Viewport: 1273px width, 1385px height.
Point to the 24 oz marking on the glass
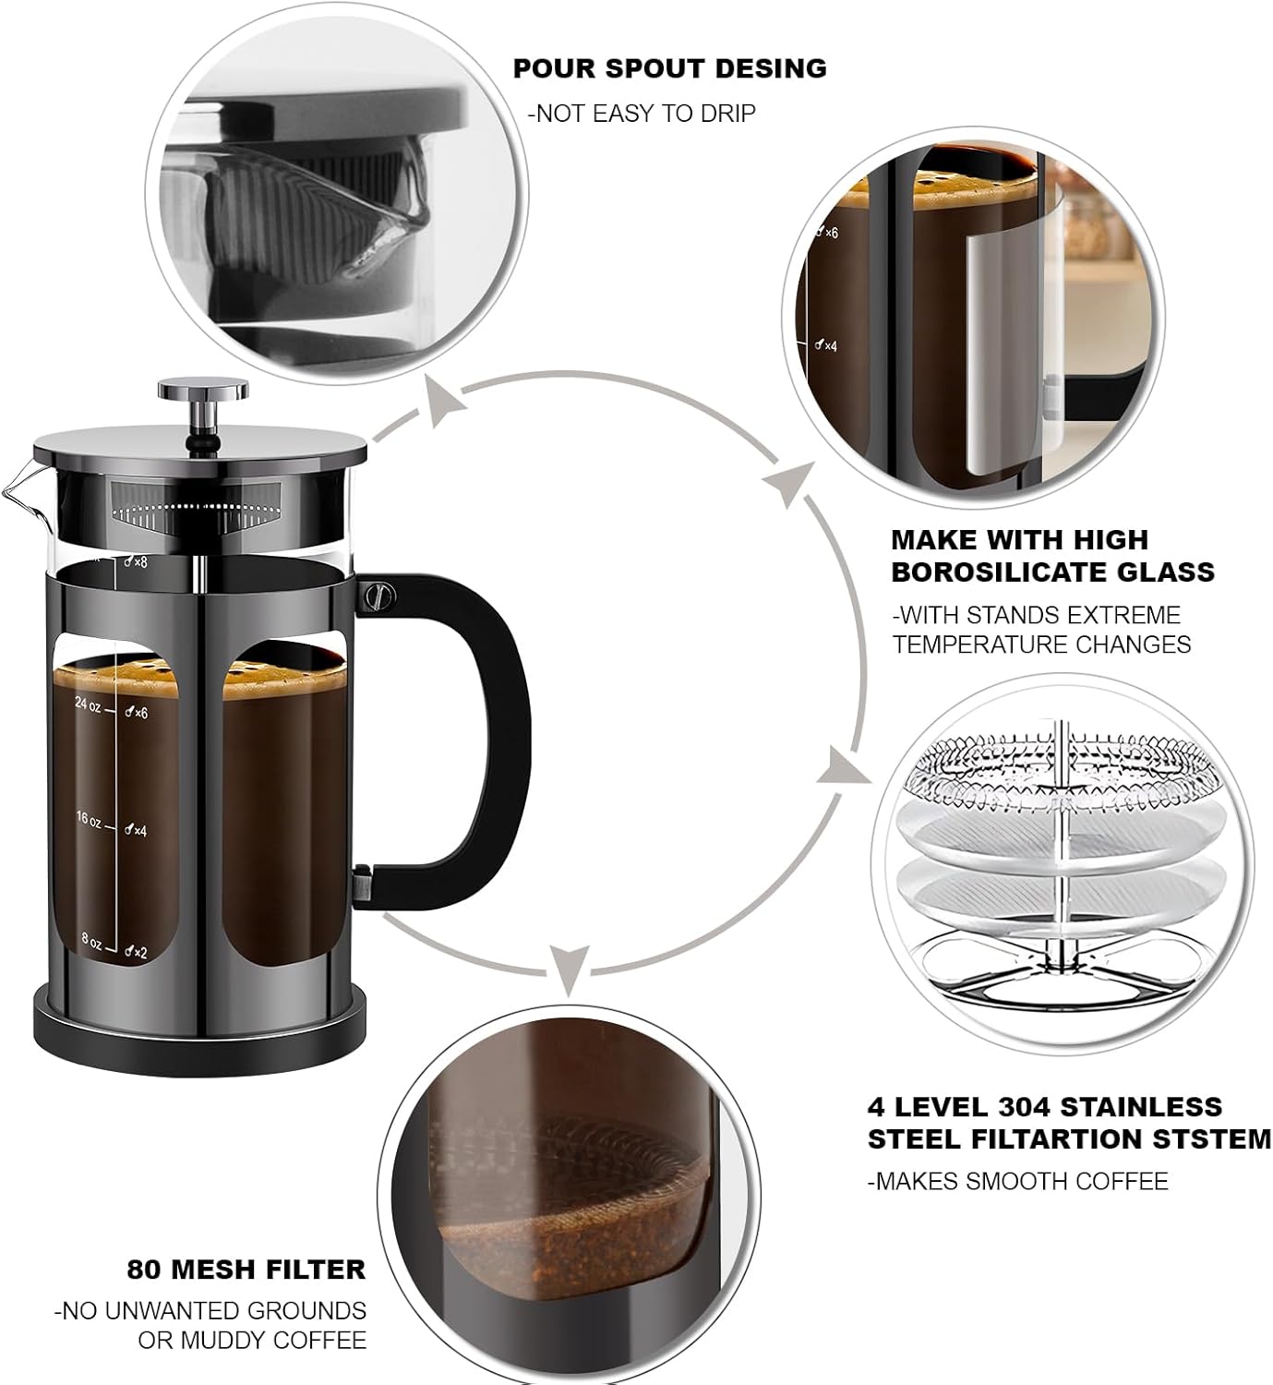click(88, 704)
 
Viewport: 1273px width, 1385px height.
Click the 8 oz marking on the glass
click(91, 941)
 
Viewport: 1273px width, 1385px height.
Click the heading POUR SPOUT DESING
click(669, 68)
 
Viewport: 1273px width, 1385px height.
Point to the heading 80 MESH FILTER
click(246, 1270)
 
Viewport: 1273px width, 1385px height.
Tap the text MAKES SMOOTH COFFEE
click(1017, 1181)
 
